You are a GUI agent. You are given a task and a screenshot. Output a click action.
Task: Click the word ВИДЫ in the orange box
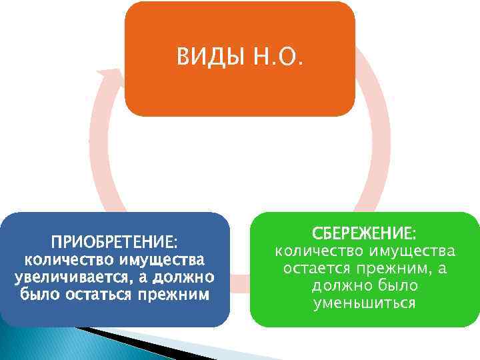[211, 59]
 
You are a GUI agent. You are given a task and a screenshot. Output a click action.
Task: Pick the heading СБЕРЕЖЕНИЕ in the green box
[365, 233]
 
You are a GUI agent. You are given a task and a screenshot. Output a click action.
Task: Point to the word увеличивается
[64, 277]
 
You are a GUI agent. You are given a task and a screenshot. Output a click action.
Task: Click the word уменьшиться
[365, 303]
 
